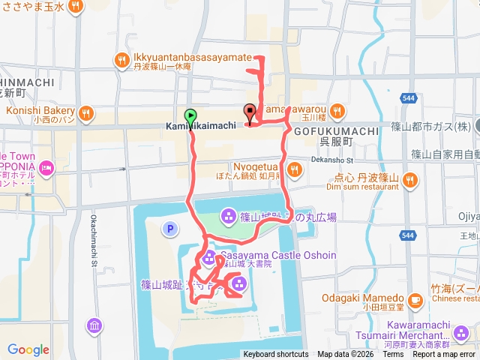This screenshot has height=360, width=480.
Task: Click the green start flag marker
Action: click(190, 116)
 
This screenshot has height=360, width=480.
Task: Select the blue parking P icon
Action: click(169, 228)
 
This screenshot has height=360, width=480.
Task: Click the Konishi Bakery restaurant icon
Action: click(86, 113)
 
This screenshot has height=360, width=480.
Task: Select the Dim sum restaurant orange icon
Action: click(409, 179)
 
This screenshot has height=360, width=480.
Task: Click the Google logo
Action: click(28, 349)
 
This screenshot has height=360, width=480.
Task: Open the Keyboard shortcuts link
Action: click(275, 354)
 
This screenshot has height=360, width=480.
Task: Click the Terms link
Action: click(393, 354)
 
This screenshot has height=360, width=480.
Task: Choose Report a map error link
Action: click(444, 354)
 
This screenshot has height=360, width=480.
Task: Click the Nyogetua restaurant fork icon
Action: click(295, 169)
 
